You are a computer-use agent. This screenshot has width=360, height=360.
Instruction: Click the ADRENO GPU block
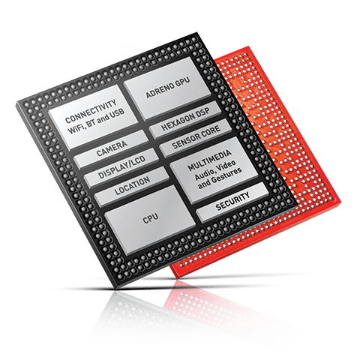pos(167,88)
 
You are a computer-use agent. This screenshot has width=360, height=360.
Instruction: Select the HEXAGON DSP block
pos(185,119)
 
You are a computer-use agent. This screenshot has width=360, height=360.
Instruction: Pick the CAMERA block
pos(112,148)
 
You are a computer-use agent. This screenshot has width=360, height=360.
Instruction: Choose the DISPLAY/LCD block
pos(121,167)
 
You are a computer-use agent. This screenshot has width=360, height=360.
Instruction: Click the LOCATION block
pos(132,186)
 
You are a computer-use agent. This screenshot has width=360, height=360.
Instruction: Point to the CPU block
pos(150,219)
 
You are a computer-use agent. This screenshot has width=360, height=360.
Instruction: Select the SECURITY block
pos(232,202)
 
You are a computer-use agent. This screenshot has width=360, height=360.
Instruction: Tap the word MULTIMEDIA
pos(209,160)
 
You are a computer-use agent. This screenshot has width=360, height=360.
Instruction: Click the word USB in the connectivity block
pos(117,114)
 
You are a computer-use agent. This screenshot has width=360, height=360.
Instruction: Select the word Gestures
pos(226,175)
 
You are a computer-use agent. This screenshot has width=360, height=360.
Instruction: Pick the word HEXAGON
pos(178,122)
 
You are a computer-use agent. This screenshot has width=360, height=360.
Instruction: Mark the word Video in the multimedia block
pos(226,165)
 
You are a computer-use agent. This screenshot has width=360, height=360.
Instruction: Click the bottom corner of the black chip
pos(117,288)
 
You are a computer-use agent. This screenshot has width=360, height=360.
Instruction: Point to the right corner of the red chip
pos(341,202)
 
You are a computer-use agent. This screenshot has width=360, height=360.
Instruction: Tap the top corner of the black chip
pos(197,32)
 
